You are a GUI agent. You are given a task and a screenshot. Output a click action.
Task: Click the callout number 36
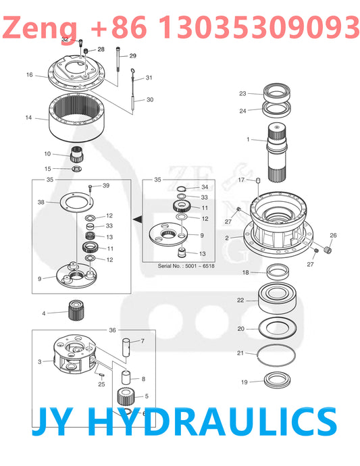point(112,330)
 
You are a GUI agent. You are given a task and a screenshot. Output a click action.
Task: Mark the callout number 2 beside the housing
point(228,238)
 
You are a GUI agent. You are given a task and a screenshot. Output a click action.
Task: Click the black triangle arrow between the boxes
point(137,219)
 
